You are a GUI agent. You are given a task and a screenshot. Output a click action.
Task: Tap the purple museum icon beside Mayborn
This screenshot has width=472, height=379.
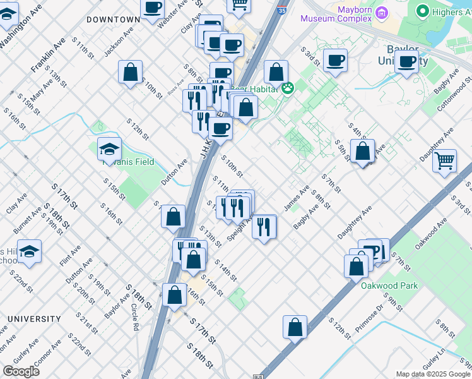click(x=382, y=13)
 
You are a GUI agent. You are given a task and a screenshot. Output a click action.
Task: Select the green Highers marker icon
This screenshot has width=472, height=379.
click(x=422, y=11)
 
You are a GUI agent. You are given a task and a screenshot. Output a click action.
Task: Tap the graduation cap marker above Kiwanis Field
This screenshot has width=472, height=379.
click(x=109, y=149)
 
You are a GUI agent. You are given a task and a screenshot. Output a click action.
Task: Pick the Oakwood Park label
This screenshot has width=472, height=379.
click(x=389, y=286)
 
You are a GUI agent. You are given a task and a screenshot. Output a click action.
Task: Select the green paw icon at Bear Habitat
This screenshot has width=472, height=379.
click(x=288, y=88)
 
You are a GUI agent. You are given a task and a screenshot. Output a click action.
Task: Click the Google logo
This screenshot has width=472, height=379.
click(x=21, y=371)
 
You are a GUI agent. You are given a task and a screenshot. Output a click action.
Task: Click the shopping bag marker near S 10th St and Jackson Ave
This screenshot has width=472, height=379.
click(x=130, y=72)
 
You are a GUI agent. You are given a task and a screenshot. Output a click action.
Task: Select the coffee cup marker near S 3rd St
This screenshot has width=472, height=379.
click(x=335, y=61)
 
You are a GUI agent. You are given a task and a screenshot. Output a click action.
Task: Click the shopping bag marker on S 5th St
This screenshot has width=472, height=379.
click(x=362, y=152)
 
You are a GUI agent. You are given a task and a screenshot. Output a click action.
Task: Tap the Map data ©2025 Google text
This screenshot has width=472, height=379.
click(x=433, y=374)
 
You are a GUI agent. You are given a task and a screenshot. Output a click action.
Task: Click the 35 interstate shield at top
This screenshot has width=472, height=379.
click(x=281, y=10)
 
